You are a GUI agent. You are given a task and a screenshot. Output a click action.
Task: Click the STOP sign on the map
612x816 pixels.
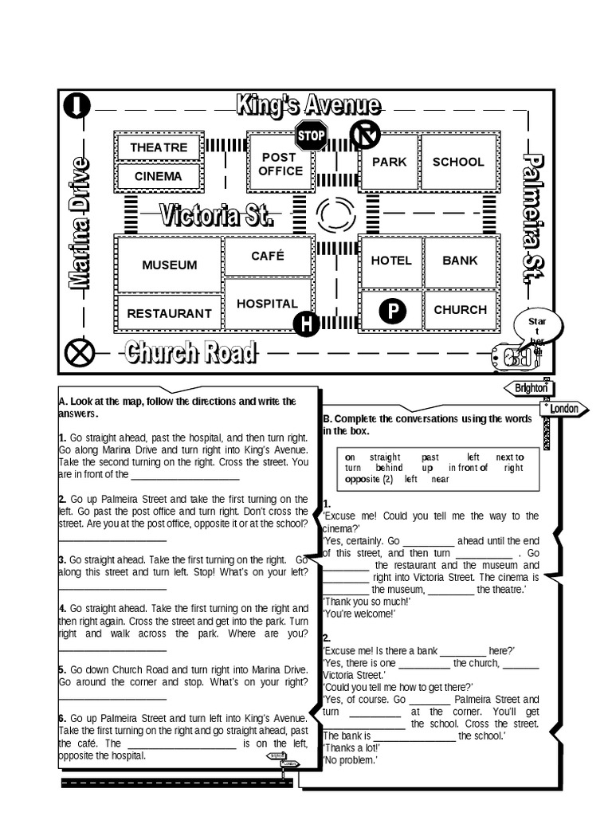311,135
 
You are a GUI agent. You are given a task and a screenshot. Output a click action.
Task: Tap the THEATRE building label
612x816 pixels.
159,147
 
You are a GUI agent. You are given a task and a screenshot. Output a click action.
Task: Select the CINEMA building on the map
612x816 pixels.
158,176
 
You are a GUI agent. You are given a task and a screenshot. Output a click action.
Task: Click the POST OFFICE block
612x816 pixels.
280,164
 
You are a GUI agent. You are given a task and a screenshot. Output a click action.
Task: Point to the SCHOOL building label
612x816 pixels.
458,162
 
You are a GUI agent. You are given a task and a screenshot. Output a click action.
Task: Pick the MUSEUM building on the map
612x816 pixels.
169,265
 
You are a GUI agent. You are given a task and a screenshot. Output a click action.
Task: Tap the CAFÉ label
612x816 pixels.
268,256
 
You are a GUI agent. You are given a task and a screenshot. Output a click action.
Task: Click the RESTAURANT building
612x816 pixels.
169,313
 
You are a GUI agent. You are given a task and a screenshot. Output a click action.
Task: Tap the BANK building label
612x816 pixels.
460,260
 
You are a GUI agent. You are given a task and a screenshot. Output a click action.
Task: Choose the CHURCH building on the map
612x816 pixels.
460,309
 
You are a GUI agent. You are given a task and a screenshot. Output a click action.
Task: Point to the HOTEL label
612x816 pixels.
391,260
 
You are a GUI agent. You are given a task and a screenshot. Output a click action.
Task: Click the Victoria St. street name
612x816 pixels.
217,215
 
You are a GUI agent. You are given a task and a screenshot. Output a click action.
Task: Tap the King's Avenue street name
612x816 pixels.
308,105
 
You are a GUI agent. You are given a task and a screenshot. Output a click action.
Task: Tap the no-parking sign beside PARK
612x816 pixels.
365,135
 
